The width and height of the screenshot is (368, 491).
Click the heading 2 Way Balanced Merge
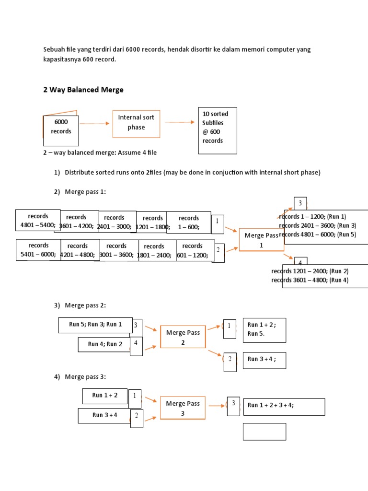(83, 90)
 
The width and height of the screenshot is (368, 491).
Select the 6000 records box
(61, 130)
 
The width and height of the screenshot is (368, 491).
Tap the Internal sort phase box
(136, 123)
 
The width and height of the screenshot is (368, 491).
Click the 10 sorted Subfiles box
(218, 130)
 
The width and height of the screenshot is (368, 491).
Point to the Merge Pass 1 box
(261, 240)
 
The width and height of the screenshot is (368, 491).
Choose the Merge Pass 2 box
(183, 337)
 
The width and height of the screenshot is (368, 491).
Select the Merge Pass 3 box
(183, 408)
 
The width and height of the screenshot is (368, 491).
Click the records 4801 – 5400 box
(38, 221)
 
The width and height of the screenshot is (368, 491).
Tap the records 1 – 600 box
(189, 222)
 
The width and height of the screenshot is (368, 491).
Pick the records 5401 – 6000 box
(38, 250)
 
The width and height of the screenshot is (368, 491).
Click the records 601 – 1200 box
(192, 250)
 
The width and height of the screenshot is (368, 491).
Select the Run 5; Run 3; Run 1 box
(95, 325)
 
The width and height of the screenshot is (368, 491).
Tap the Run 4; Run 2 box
(104, 344)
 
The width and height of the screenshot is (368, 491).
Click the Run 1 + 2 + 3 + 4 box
(284, 407)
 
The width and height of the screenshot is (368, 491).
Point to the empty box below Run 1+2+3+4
(264, 432)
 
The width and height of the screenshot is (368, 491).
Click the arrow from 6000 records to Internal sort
(94, 124)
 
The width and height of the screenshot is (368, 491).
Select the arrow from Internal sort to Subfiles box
(180, 122)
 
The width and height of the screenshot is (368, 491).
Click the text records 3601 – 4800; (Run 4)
(310, 280)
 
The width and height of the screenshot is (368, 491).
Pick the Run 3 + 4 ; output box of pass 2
(264, 360)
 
